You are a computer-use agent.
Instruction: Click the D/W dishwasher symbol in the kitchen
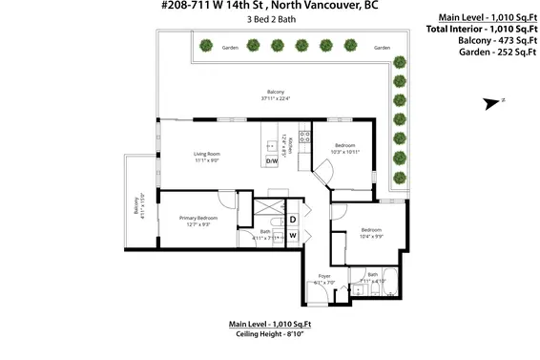click(x=272, y=161)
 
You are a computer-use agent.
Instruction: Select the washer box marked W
click(x=292, y=236)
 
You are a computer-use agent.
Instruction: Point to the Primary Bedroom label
click(x=198, y=217)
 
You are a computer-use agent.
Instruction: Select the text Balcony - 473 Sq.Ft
click(x=487, y=41)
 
